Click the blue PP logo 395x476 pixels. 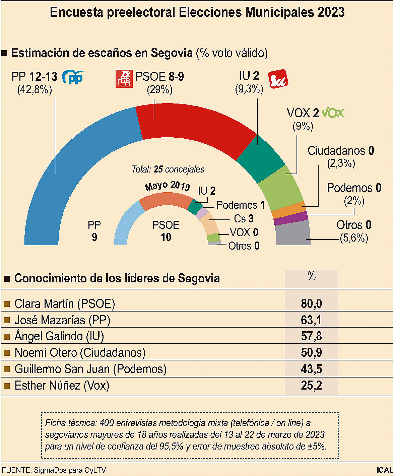(73, 77)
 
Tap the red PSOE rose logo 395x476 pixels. (124, 79)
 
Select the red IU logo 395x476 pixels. (278, 79)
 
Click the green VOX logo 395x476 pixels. (332, 113)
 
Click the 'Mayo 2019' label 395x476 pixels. (167, 186)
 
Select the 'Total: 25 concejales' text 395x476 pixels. (168, 169)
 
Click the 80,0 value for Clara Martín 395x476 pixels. (311, 303)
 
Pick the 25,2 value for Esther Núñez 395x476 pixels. (311, 386)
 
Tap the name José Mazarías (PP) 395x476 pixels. (62, 320)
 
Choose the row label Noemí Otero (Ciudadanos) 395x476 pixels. (80, 353)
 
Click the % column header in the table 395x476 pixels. (311, 276)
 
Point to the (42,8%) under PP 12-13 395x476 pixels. (35, 90)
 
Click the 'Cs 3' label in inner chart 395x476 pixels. (244, 219)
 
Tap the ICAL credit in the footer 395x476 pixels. (384, 470)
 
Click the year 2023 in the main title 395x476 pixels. (331, 12)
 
